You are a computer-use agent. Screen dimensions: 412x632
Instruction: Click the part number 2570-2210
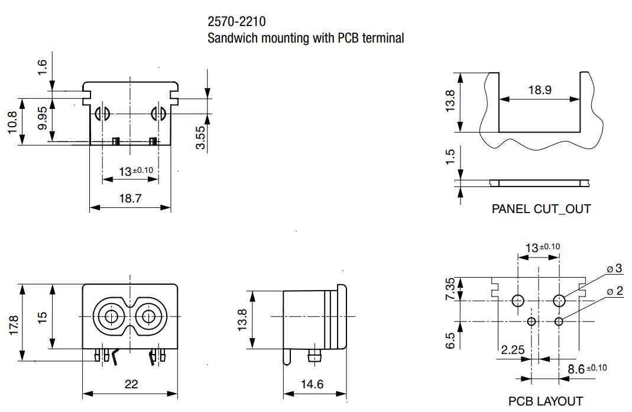pyautogui.click(x=236, y=22)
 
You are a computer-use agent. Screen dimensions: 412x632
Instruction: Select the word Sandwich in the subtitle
pyautogui.click(x=230, y=38)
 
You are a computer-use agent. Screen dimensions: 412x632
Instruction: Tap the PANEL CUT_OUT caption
pyautogui.click(x=541, y=209)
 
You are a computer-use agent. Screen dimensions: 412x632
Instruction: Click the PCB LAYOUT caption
pyautogui.click(x=545, y=401)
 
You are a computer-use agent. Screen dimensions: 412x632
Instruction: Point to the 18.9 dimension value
pyautogui.click(x=539, y=90)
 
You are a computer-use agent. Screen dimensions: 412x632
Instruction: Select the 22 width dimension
pyautogui.click(x=131, y=384)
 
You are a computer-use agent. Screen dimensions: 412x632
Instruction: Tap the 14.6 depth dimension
pyautogui.click(x=312, y=384)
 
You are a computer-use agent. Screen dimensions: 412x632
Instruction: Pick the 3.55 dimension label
pyautogui.click(x=200, y=137)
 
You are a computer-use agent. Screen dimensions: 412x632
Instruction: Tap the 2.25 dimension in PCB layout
pyautogui.click(x=513, y=349)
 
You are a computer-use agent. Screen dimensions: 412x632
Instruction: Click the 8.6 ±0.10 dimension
pyautogui.click(x=586, y=368)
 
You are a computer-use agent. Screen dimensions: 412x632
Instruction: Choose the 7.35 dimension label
pyautogui.click(x=450, y=289)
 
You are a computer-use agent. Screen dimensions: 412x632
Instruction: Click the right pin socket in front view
pyautogui.click(x=148, y=317)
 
